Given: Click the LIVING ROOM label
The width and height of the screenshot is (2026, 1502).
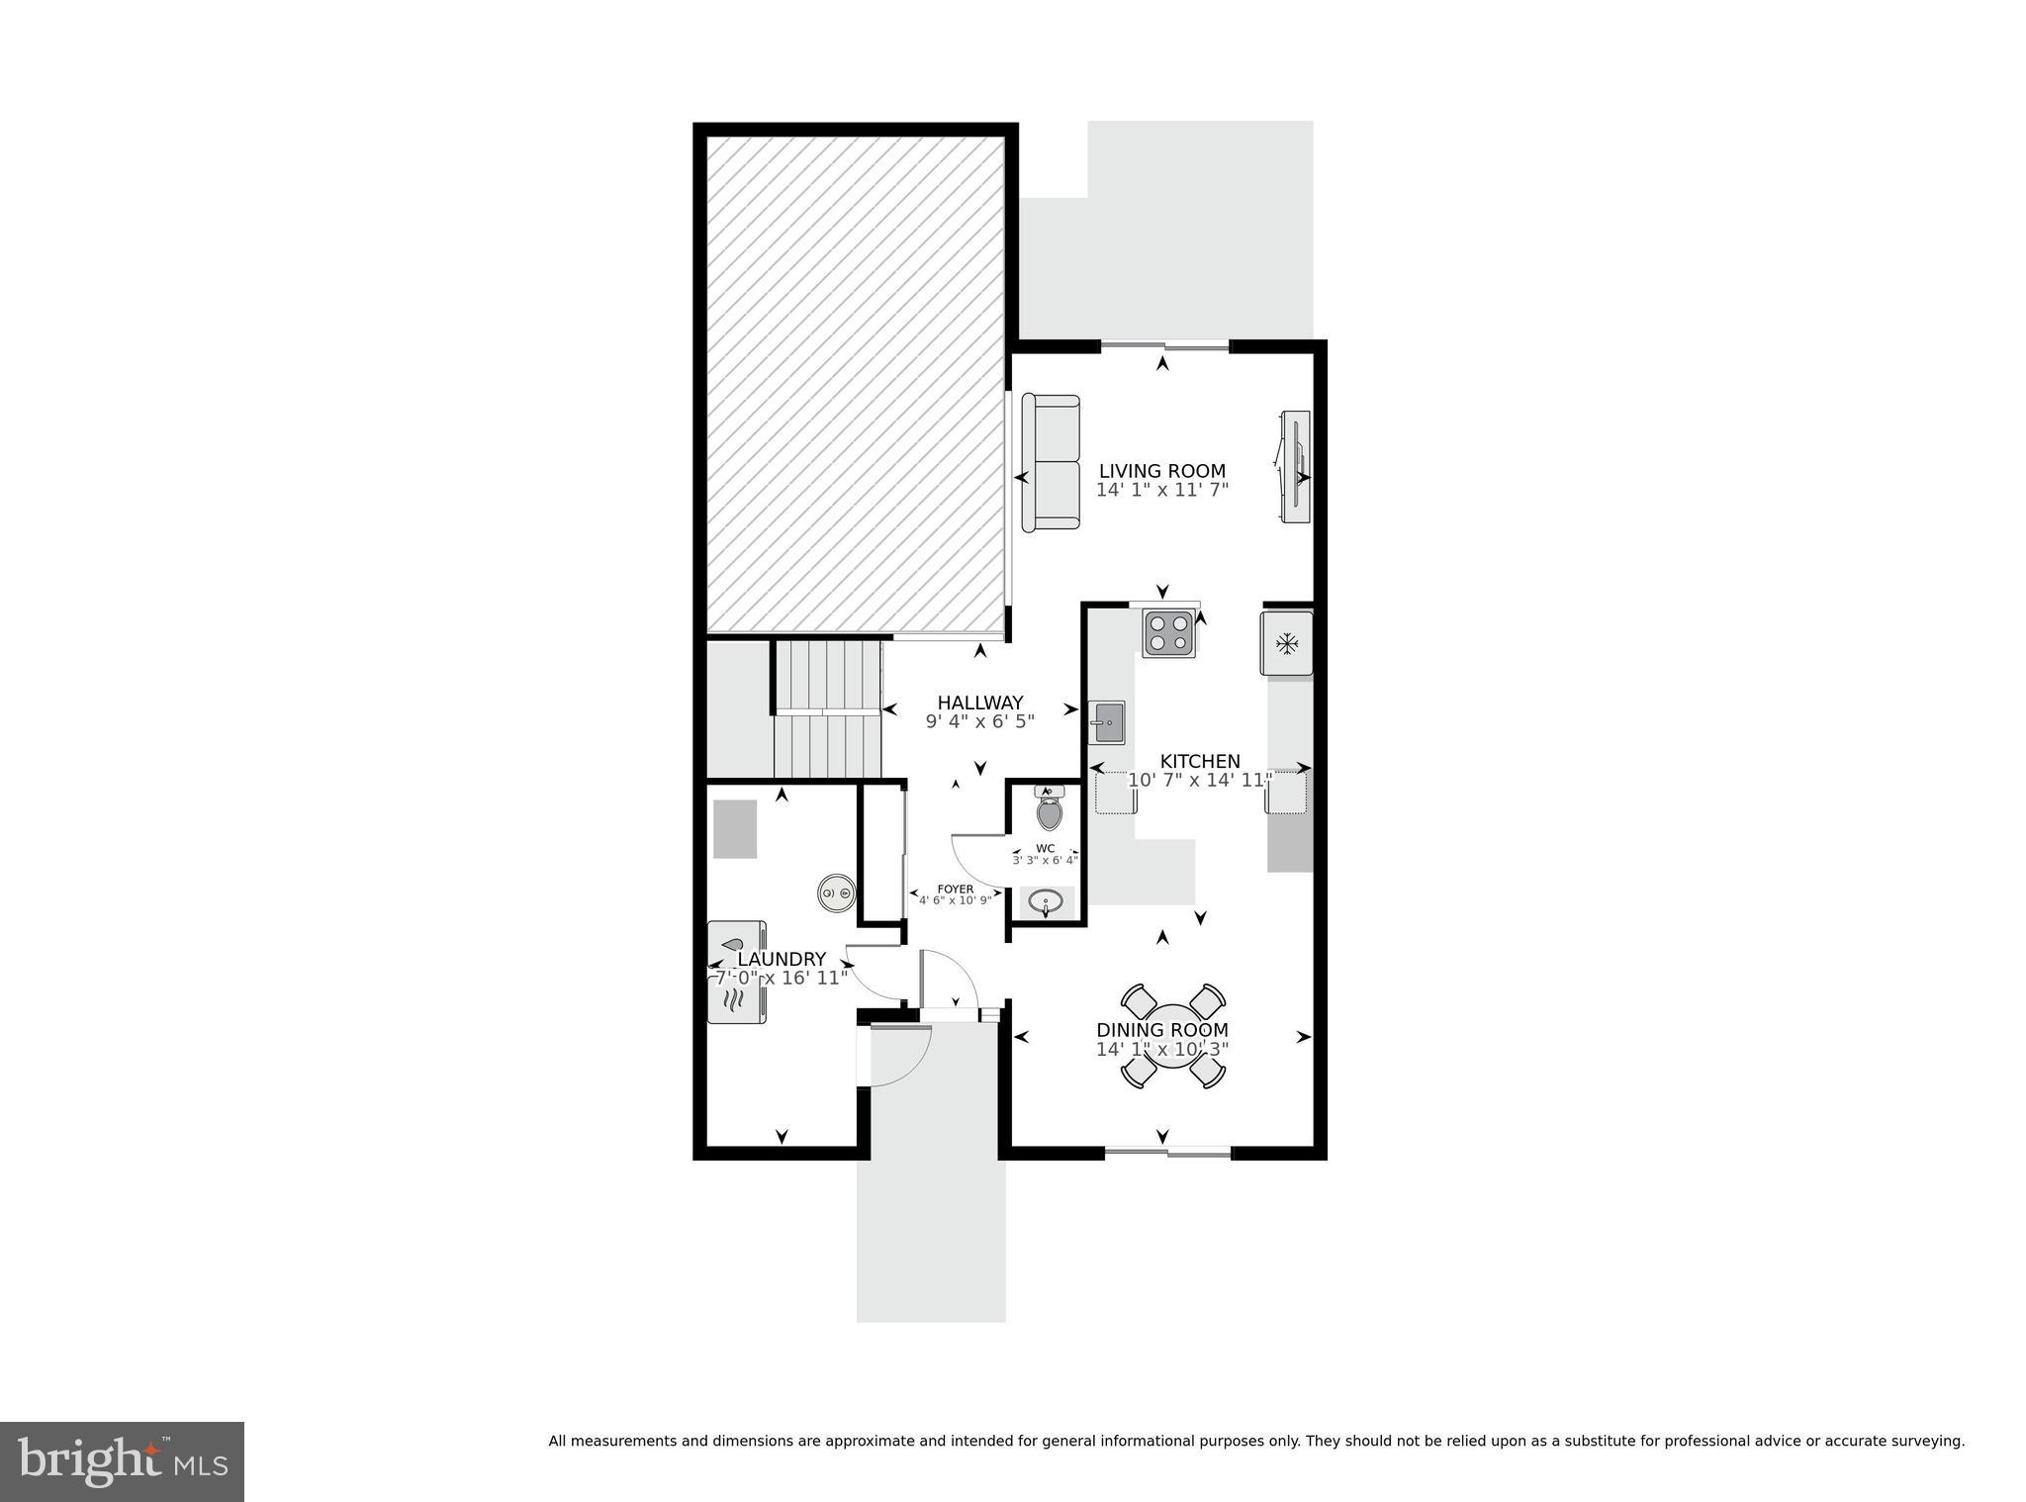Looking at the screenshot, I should coord(1161,472).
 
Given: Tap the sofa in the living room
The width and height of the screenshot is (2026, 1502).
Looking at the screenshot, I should coord(1051,462).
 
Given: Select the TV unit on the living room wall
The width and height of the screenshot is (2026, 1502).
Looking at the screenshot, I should coord(1295,467).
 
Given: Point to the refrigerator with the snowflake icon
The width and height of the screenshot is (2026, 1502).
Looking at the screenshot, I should coord(1286,644).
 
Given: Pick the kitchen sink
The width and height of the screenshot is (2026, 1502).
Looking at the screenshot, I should coord(1107,721).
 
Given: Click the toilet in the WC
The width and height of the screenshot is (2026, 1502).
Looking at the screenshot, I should coord(1049,810).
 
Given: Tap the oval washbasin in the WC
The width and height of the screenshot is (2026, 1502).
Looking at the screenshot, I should coord(1047,902).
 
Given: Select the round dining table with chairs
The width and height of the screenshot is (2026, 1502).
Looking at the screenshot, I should coord(1173,1036).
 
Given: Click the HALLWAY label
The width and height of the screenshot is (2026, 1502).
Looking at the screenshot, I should coord(979,704).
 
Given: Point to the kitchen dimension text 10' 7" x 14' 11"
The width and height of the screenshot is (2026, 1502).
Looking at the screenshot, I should coord(1199,781).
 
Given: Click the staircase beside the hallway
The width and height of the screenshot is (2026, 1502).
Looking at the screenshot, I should coord(827,709).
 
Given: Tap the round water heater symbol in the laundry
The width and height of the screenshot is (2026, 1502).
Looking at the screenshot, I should coord(837,893).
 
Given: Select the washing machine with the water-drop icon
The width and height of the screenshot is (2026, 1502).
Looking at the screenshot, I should coord(736,943).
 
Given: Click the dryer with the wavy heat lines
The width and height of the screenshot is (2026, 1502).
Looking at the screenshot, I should coord(736,1003).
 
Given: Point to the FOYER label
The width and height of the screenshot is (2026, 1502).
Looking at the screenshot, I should coord(956,890).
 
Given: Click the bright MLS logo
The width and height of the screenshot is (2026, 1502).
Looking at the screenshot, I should coord(122,1461).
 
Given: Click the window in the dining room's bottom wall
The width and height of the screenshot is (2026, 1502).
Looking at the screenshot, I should coord(1167,1152).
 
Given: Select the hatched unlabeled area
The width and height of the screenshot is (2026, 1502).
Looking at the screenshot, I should coord(856,384).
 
